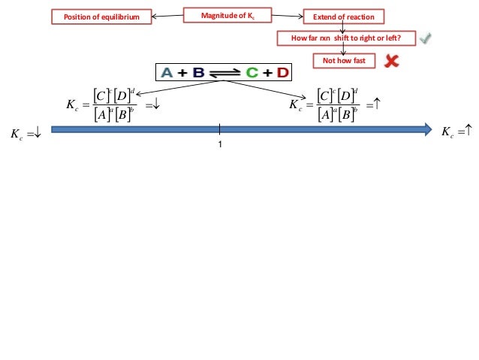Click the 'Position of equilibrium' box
pos(101,16)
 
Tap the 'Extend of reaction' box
pos(343,16)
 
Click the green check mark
pos(426,38)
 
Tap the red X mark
pos(391,61)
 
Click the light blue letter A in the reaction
pos(167,73)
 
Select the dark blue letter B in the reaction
pos(199,73)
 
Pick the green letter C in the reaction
pos(252,73)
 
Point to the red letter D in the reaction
pos(282,73)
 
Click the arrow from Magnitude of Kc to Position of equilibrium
pos(167,14)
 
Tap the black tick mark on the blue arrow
pos(219,129)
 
